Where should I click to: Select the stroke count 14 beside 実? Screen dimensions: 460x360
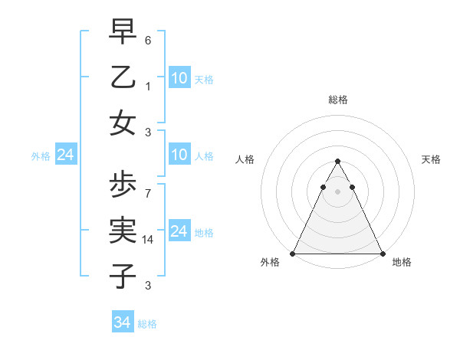pos(148,240)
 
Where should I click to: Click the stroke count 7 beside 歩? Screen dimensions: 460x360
pos(148,194)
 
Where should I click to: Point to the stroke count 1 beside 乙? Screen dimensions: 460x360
pos(148,87)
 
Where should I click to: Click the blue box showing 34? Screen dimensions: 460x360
pos(123,322)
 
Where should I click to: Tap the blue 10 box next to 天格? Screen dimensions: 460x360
pos(179,78)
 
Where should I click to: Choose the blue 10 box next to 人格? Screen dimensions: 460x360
pos(179,155)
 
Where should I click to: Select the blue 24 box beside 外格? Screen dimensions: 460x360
pos(65,155)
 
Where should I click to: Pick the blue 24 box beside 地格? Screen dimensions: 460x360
pos(179,231)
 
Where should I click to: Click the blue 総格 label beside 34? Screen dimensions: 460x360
pos(147,324)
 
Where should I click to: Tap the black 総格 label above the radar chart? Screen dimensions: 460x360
pos(337,100)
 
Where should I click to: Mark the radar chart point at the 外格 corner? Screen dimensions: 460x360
pos(293,254)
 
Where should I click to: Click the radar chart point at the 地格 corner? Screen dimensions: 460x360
pos(382,254)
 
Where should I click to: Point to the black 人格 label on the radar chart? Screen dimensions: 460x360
pos(245,159)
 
